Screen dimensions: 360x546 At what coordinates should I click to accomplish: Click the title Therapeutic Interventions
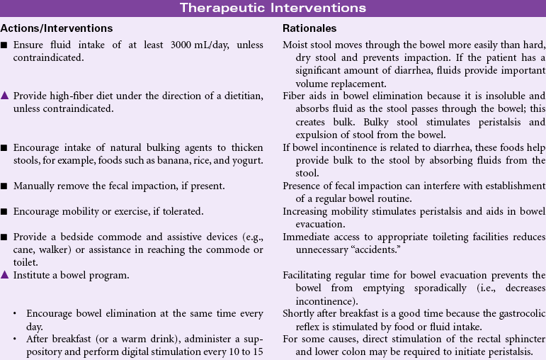[273, 9]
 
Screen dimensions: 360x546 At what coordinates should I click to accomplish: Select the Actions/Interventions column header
[57, 29]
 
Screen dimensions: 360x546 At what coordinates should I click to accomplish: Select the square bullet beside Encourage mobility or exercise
[5, 211]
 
